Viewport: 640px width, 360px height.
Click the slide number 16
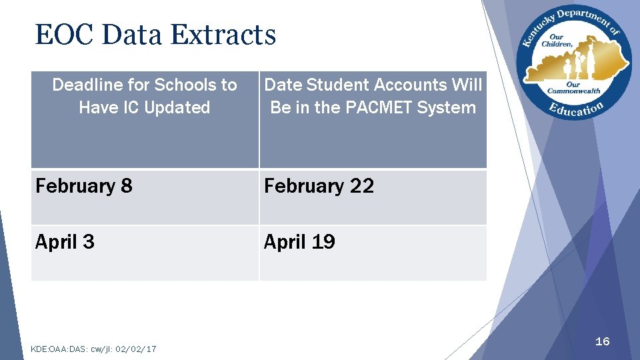click(x=602, y=341)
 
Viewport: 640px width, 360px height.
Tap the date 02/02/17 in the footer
click(x=136, y=349)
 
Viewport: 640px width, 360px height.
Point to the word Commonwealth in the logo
click(x=573, y=91)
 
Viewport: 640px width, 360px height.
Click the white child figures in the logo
click(x=571, y=67)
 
